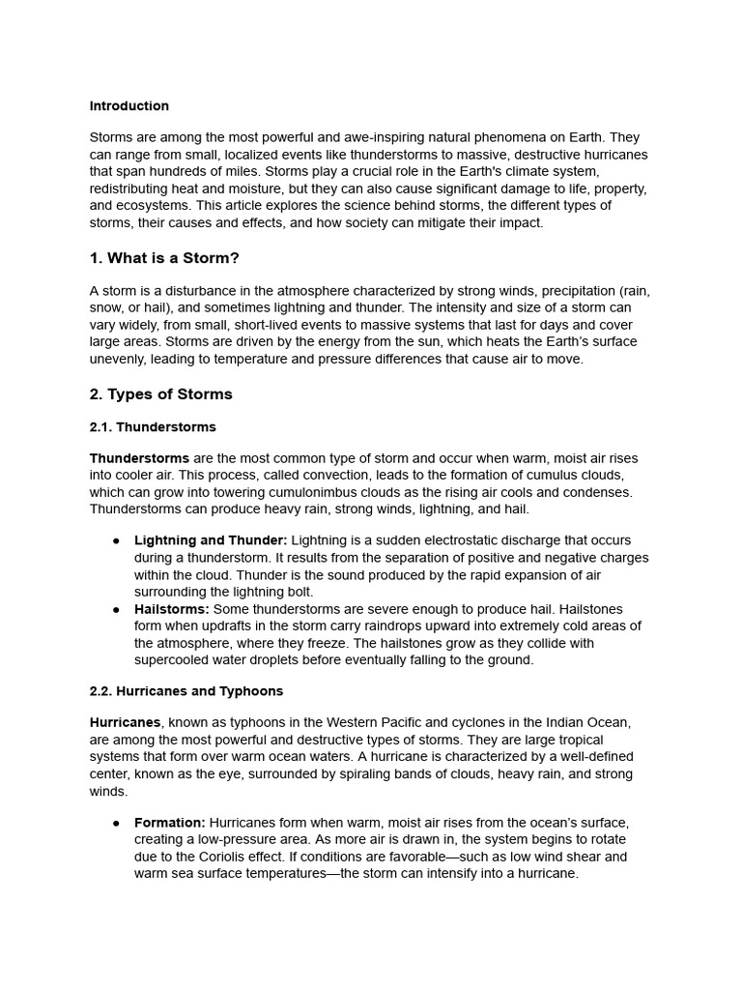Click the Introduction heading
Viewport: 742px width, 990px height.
point(128,106)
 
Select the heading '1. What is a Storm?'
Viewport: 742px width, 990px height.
point(164,258)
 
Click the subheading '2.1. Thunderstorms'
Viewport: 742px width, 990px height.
point(153,427)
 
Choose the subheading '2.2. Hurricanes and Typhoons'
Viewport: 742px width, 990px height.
point(186,692)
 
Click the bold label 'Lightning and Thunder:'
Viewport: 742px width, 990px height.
point(211,540)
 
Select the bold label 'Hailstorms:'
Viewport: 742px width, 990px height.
point(172,609)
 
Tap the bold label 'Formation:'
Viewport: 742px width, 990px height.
point(170,823)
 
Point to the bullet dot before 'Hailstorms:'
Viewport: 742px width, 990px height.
point(114,610)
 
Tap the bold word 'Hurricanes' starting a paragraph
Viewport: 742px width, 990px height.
point(125,723)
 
